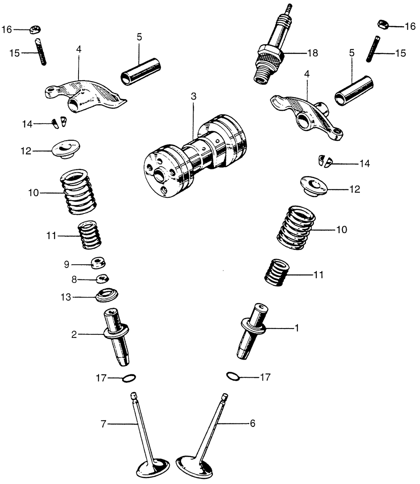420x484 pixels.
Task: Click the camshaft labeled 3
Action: tap(193, 155)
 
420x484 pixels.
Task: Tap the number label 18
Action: tap(312, 53)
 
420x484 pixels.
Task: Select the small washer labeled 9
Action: tap(99, 263)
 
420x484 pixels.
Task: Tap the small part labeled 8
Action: tap(102, 279)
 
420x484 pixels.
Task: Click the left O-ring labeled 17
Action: tap(129, 379)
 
